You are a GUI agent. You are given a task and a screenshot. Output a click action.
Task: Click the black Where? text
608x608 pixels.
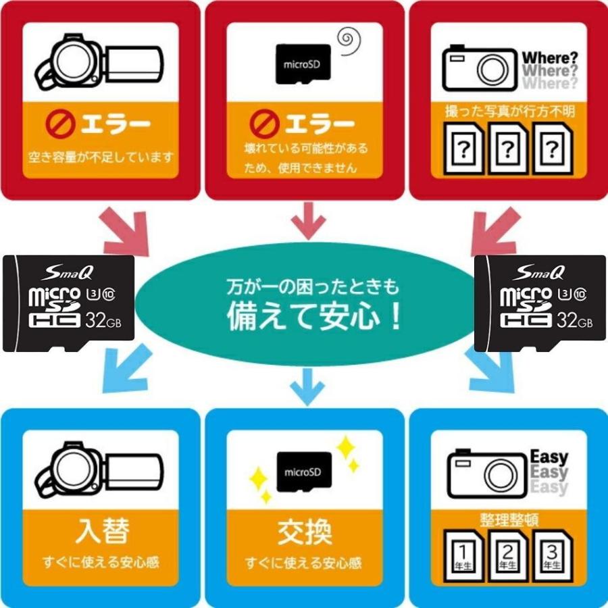click(x=549, y=56)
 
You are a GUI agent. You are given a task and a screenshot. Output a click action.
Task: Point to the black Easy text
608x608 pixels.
click(x=549, y=457)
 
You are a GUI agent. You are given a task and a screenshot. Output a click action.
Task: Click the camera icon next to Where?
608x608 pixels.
click(x=480, y=67)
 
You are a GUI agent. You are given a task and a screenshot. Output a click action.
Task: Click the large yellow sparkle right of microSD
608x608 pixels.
click(x=346, y=447)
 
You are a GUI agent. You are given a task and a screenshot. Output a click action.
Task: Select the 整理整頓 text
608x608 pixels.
click(x=507, y=520)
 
